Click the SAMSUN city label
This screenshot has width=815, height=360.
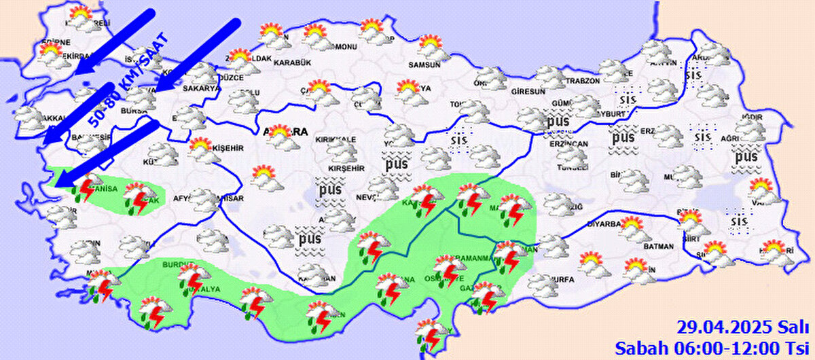(424, 65)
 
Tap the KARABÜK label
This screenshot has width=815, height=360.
(291, 62)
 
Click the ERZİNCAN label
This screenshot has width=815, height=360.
(569, 145)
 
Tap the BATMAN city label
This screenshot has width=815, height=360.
(658, 247)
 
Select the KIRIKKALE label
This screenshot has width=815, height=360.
(335, 139)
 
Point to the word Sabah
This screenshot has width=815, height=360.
(636, 348)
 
